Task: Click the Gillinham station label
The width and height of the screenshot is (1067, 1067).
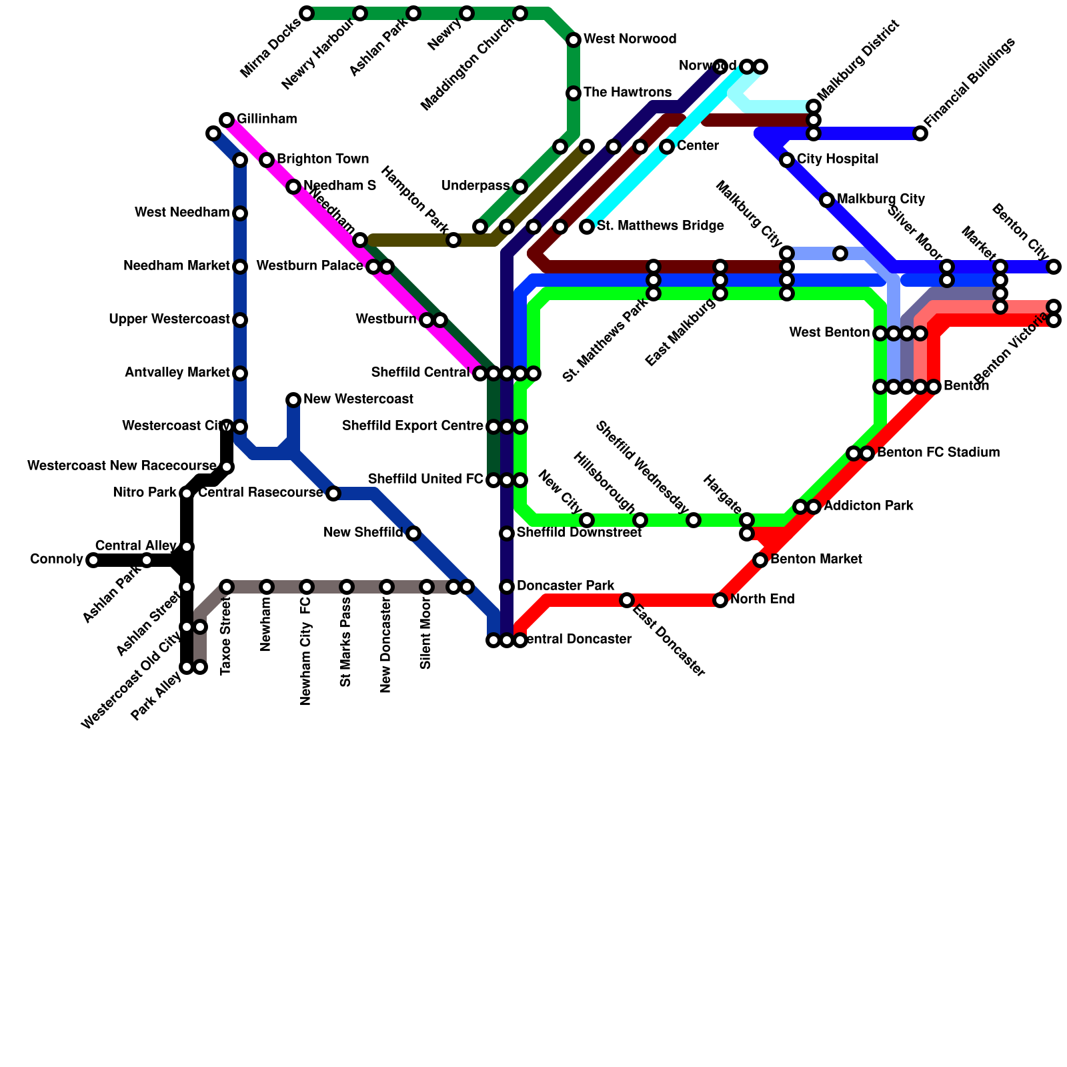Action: pos(267,119)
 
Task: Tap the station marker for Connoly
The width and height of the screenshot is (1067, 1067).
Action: pos(93,560)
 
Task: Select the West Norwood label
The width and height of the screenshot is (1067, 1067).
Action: pos(630,39)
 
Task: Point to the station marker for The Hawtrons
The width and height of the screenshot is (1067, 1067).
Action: pos(574,93)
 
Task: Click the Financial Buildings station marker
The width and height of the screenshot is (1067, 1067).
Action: pos(920,133)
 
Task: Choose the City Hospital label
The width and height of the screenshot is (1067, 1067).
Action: pos(837,159)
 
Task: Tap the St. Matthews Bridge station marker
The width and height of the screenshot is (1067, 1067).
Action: pos(587,227)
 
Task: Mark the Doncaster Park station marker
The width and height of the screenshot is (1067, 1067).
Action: pos(507,587)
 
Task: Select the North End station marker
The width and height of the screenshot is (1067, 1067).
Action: pos(720,600)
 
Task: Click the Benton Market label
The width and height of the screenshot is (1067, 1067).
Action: pos(816,560)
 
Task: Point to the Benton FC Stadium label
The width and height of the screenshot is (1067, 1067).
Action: pos(938,453)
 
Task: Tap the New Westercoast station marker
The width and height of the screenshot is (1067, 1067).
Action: pos(293,400)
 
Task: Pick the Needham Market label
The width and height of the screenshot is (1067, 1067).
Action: pos(177,266)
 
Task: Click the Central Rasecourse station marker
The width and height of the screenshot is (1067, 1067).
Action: pos(333,493)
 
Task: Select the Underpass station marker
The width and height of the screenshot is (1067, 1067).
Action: pos(520,187)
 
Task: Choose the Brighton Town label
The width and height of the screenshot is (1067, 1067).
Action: pos(323,159)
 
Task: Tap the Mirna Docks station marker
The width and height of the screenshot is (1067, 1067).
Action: pos(307,13)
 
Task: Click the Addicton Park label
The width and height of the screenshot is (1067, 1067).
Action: pos(868,506)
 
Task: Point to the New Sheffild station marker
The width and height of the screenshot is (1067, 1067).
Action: pos(413,533)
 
